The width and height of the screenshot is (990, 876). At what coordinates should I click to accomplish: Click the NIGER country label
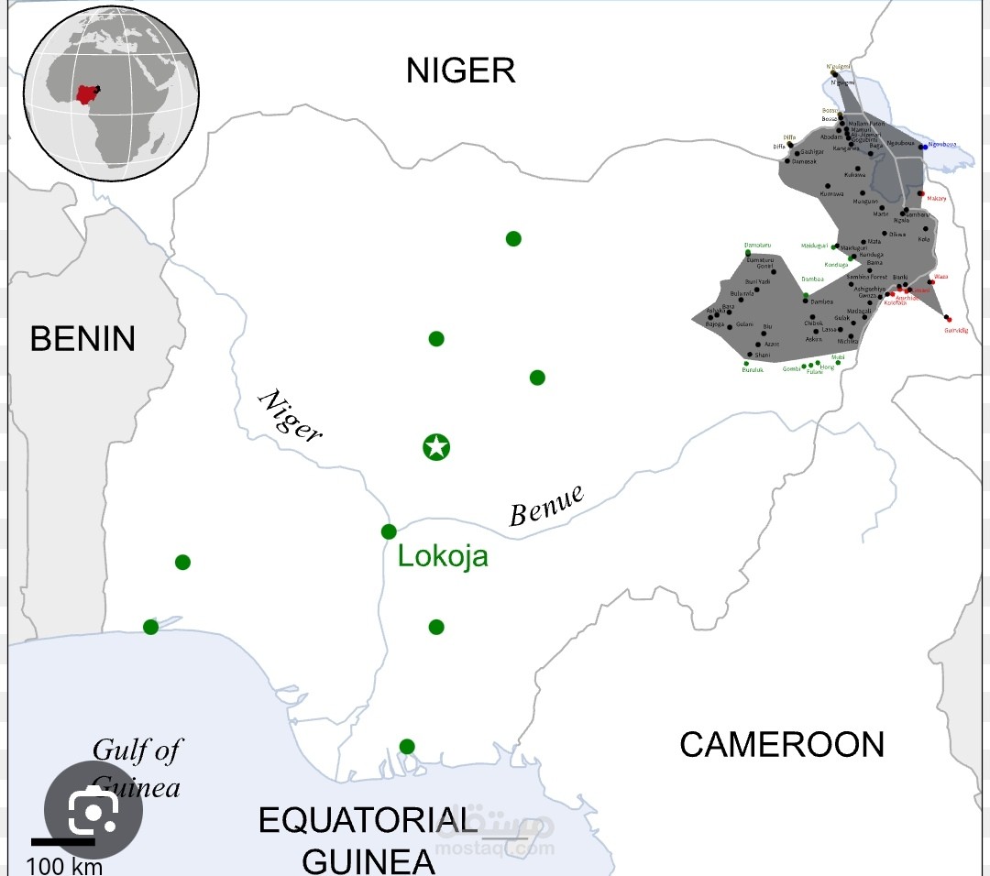tap(461, 71)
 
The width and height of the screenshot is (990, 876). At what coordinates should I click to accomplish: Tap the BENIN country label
tap(82, 339)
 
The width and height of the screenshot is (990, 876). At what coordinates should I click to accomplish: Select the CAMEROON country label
tap(782, 744)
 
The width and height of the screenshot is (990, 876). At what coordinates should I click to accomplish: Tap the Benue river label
tap(546, 506)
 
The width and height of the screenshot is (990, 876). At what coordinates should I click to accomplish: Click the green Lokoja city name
tap(443, 556)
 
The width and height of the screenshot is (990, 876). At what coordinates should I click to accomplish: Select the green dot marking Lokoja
tap(389, 531)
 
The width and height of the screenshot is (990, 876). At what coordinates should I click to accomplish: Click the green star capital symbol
tap(436, 447)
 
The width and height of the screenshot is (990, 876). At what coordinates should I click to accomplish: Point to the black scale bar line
tap(63, 841)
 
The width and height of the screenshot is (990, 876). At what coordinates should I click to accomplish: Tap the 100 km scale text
tap(64, 865)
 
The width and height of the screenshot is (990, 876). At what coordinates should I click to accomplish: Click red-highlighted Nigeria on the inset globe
tap(88, 94)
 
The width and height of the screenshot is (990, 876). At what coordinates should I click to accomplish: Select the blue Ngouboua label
tap(942, 145)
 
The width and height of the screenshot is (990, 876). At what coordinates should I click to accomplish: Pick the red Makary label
tap(936, 198)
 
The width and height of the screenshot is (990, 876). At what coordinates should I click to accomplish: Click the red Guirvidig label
tap(955, 330)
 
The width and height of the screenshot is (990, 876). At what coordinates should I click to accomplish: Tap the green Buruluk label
tap(753, 370)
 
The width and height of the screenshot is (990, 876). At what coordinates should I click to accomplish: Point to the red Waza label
tap(940, 276)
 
